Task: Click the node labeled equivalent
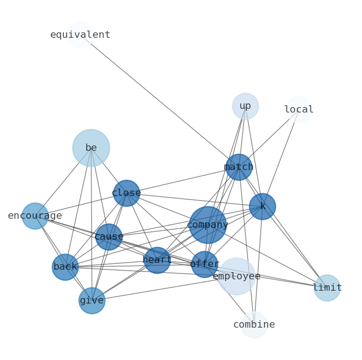(x=80, y=35)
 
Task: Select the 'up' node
(x=245, y=106)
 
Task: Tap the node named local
(x=299, y=110)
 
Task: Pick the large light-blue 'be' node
(x=91, y=148)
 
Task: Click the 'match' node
(x=239, y=167)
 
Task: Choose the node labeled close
(x=126, y=193)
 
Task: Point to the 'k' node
(x=263, y=206)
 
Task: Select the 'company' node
(x=207, y=225)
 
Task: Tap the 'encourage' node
(x=35, y=216)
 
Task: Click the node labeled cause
(x=109, y=237)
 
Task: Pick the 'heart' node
(x=157, y=260)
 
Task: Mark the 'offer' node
(x=204, y=264)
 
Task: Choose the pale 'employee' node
(x=236, y=276)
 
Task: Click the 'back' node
(x=65, y=267)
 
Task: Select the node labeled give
(x=92, y=301)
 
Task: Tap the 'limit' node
(x=327, y=288)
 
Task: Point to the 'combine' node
(x=254, y=325)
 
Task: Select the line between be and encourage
(x=63, y=182)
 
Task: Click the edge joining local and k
(x=281, y=158)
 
